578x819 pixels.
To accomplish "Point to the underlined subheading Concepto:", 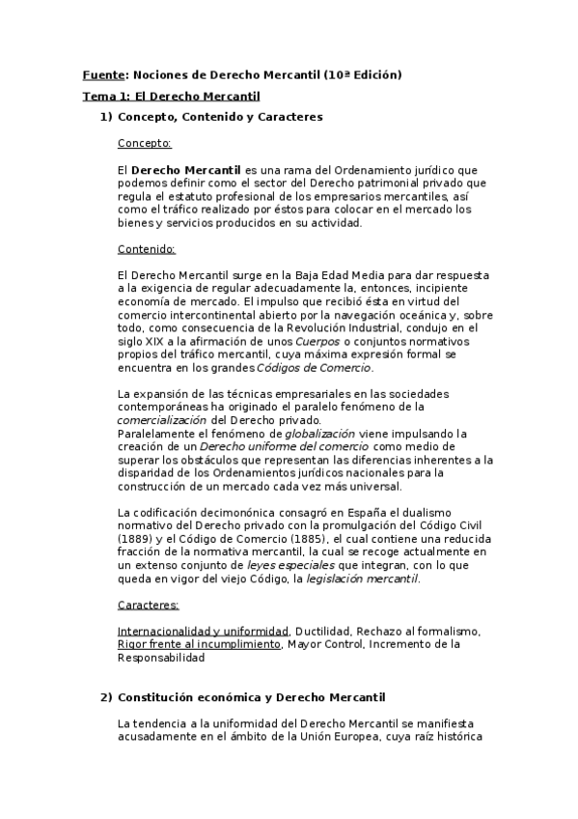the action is coord(144,143).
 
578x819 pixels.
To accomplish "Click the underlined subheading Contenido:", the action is coord(146,248).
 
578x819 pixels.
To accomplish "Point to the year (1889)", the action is coord(135,539).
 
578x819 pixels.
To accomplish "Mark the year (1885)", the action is coord(295,539).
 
